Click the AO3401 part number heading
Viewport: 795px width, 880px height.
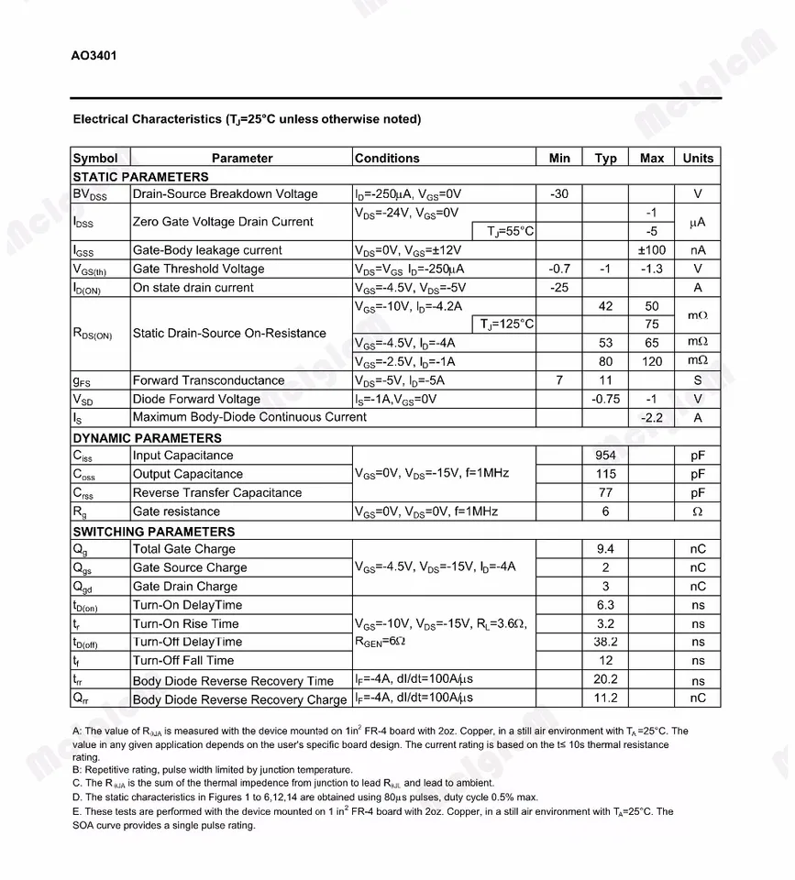click(x=94, y=55)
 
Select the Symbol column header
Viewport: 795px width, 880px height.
click(x=95, y=158)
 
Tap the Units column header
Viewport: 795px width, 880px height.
click(x=697, y=158)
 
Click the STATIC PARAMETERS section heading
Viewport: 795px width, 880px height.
click(x=140, y=176)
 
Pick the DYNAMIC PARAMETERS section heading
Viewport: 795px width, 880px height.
click(x=147, y=437)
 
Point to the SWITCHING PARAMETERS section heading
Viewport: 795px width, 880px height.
click(x=153, y=531)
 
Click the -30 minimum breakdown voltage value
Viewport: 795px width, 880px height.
click(x=559, y=193)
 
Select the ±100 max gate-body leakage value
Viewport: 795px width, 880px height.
click(x=652, y=249)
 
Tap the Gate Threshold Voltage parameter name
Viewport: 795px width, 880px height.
click(x=198, y=269)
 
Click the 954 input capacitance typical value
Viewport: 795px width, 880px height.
click(x=605, y=455)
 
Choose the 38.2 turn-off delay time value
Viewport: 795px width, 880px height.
click(x=605, y=642)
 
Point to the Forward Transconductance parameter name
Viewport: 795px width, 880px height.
click(x=208, y=379)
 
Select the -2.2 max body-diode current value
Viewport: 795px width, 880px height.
click(x=652, y=417)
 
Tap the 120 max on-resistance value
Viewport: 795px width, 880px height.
click(x=652, y=361)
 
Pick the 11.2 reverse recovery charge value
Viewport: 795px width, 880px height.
click(x=605, y=698)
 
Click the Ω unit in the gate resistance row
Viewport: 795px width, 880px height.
click(x=697, y=511)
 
